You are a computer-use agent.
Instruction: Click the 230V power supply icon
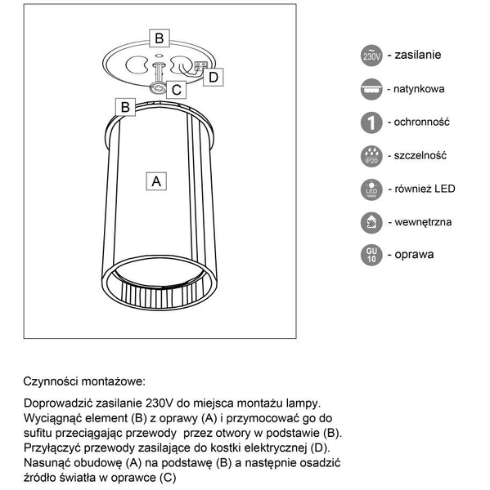click(371, 56)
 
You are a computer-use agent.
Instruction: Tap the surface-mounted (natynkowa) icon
click(371, 90)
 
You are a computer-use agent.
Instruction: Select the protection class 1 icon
click(371, 122)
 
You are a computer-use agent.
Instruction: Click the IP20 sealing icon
click(371, 156)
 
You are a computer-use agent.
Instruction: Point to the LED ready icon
click(371, 189)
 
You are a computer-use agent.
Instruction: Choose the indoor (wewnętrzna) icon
click(371, 222)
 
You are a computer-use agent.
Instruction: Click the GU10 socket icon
click(371, 255)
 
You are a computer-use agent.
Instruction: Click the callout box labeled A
click(155, 180)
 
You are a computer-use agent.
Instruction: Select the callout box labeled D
click(212, 77)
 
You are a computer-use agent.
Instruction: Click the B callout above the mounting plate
click(160, 38)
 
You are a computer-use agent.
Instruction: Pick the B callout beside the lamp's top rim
click(126, 107)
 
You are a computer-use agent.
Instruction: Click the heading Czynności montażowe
click(84, 381)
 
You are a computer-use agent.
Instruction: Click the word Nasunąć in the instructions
click(47, 462)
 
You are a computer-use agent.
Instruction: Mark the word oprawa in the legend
click(414, 254)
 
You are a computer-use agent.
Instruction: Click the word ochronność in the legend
click(423, 122)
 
